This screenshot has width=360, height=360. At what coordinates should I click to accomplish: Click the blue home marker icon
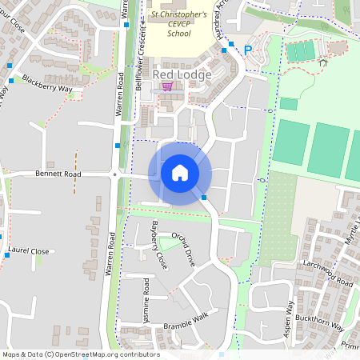coord(180,173)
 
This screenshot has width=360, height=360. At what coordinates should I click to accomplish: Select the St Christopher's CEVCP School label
coord(179,24)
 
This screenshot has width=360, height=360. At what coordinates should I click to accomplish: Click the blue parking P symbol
coord(248,50)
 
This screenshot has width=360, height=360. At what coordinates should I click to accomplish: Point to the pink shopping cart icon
coord(166,86)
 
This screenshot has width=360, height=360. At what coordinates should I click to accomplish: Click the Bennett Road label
coord(58,174)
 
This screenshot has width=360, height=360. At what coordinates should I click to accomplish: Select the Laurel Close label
coord(30,251)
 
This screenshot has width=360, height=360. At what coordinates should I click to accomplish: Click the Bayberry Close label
coord(159,242)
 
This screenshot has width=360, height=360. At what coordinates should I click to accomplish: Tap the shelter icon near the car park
coord(322,62)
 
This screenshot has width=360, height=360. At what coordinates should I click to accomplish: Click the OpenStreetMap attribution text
coord(81,354)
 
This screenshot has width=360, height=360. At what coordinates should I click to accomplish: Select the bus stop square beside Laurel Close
coord(6,254)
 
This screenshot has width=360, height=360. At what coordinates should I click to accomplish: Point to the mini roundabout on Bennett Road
coord(115,174)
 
